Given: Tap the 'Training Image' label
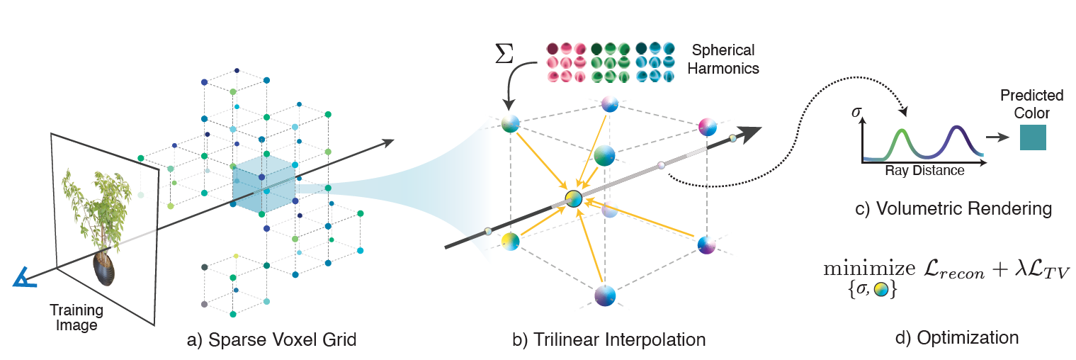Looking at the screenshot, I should pyautogui.click(x=76, y=318).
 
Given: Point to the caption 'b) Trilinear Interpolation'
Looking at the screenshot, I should pyautogui.click(x=609, y=339).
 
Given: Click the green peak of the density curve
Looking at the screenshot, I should pyautogui.click(x=900, y=132).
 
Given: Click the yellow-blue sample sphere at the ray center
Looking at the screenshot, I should pyautogui.click(x=572, y=200).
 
